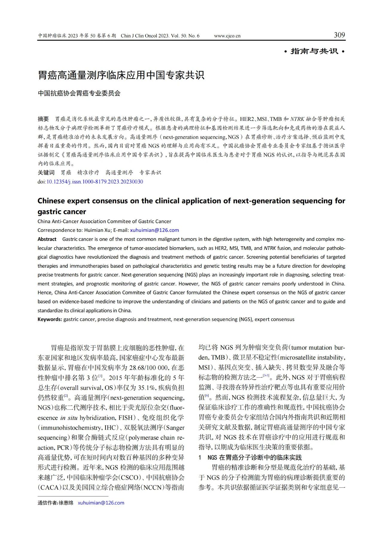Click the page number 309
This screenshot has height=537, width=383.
(339, 35)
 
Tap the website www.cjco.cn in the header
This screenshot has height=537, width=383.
(227, 36)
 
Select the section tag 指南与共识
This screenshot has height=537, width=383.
(314, 51)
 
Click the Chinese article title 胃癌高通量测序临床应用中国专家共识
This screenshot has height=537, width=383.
(121, 75)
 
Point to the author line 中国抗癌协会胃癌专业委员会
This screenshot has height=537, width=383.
(79, 93)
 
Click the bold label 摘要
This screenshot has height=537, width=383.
(43, 119)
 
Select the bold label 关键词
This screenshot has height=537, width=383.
(46, 173)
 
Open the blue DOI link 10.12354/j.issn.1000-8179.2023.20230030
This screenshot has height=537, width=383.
(95, 182)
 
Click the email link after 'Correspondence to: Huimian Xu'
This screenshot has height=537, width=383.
(154, 230)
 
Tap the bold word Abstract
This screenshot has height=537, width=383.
(47, 239)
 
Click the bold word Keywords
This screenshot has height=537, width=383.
(50, 319)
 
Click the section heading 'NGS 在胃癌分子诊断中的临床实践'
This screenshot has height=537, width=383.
(255, 457)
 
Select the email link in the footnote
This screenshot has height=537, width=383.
(101, 503)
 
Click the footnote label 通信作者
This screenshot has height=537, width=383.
(48, 503)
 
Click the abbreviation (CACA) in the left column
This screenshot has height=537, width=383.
(49, 487)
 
